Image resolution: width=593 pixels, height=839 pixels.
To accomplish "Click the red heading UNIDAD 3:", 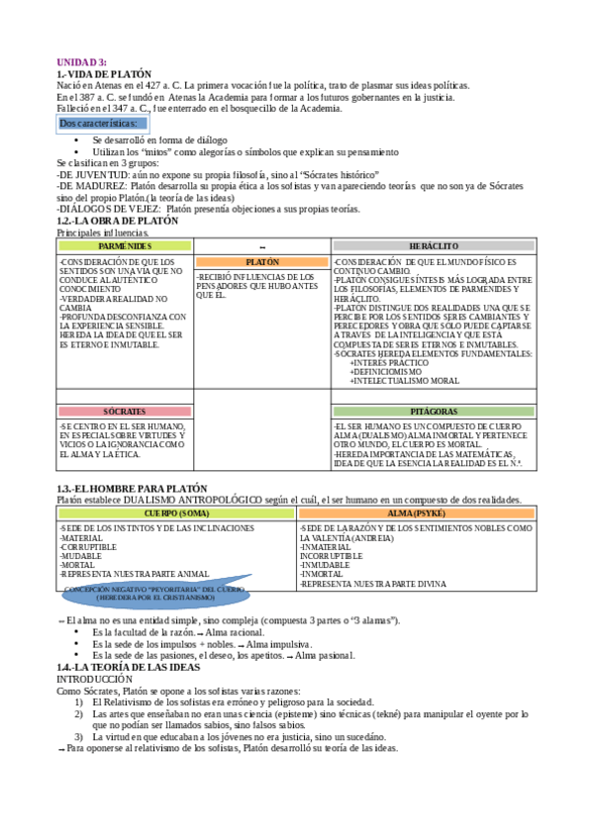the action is coord(81,62).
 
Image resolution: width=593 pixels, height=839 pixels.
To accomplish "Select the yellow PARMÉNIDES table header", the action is coord(125,244).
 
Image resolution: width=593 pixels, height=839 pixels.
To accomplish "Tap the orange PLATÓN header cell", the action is coord(262,262).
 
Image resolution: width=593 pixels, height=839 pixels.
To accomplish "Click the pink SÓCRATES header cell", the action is coord(125,411).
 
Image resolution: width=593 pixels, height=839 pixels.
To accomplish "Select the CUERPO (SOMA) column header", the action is coord(176,514).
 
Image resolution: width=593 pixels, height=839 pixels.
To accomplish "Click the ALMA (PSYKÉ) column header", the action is coord(416,514).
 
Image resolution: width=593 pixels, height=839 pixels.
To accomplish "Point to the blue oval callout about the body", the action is coord(152,594).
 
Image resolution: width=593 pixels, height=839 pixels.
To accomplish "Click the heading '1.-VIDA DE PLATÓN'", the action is coord(104,73).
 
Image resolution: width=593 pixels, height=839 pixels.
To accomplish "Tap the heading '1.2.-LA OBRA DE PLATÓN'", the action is coord(118,221).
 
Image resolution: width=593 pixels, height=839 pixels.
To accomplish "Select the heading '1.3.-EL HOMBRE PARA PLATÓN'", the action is coord(132,488).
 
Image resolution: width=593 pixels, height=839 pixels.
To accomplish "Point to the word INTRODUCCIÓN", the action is coord(94,680).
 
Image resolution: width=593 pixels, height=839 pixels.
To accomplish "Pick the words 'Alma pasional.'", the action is coord(324,655).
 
